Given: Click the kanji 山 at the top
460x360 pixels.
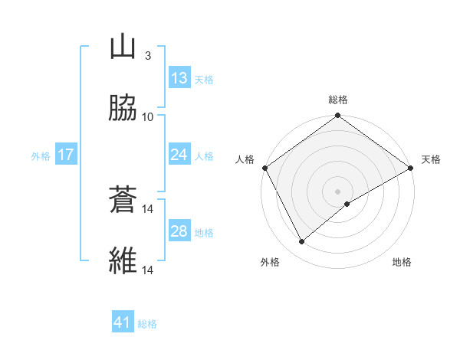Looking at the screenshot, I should tap(123, 48).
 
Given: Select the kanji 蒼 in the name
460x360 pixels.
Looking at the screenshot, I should tap(123, 201).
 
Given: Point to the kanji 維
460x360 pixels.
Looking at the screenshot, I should tap(123, 262).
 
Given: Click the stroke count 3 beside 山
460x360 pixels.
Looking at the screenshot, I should tap(147, 56).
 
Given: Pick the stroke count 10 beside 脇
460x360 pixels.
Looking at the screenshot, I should tap(148, 116).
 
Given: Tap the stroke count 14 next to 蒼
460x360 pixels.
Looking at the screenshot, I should tap(148, 208).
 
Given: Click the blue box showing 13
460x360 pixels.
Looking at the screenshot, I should tap(179, 78).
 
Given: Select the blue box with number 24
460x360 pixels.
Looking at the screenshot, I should tap(179, 155).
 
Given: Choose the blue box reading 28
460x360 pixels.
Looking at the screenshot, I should tap(179, 231).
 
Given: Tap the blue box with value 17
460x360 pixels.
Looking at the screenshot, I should tap(66, 155).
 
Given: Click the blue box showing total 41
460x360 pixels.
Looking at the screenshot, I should tap(123, 322).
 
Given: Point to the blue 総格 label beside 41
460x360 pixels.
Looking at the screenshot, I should tap(147, 324).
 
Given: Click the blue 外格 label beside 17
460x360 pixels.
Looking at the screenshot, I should tap(41, 156).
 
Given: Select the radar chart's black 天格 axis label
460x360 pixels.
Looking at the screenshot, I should tap(431, 159).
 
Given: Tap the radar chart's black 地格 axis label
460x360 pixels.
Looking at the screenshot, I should tap(402, 262).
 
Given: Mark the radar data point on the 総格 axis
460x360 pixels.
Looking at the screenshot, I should tap(337, 116).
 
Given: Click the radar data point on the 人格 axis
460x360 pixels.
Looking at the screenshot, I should tap(264, 168).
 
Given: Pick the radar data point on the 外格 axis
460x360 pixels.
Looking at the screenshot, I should tap(302, 242).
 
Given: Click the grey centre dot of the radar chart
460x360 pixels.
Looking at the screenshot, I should tap(337, 191).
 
